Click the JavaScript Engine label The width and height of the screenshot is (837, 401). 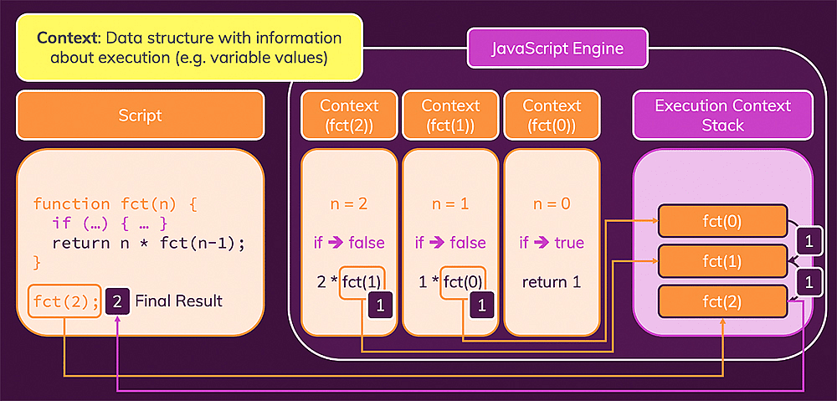point(557,49)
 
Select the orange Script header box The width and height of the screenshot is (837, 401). point(140,116)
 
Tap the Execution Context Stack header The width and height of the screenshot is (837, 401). point(722,116)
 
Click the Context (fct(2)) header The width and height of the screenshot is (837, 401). point(349,116)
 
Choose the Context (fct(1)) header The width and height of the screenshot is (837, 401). point(450,116)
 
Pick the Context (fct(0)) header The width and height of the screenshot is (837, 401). point(552,116)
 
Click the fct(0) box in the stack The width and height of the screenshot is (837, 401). point(722,221)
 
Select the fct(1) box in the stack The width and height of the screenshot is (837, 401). point(722,260)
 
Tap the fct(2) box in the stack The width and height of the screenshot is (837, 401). point(722,301)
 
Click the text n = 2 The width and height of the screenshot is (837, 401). point(349,203)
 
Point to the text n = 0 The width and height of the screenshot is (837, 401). point(552,203)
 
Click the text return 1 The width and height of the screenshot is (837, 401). point(552,281)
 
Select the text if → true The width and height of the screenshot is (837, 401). point(552,243)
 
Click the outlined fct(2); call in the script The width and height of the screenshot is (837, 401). point(65,301)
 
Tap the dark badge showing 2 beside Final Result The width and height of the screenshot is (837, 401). point(118,301)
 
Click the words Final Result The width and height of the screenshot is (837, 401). point(178,301)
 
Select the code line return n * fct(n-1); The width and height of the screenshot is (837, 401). point(148,244)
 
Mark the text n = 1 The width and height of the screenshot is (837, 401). point(450,203)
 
